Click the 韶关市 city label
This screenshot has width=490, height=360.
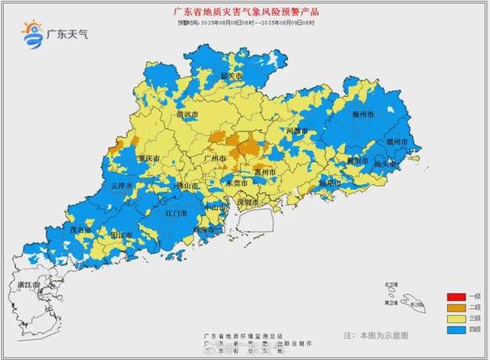click(x=231, y=76)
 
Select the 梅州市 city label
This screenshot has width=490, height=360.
click(x=362, y=114)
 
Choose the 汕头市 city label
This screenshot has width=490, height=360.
click(x=386, y=164)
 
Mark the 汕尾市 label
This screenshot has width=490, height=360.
click(x=330, y=182)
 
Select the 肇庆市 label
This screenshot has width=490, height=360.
click(x=149, y=158)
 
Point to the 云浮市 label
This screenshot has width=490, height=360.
click(x=121, y=186)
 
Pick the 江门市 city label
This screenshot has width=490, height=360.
click(x=176, y=213)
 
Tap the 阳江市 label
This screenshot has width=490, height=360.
click(x=121, y=234)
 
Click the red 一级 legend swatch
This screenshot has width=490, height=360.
click(x=456, y=297)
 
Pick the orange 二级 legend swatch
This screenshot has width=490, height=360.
click(x=456, y=308)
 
